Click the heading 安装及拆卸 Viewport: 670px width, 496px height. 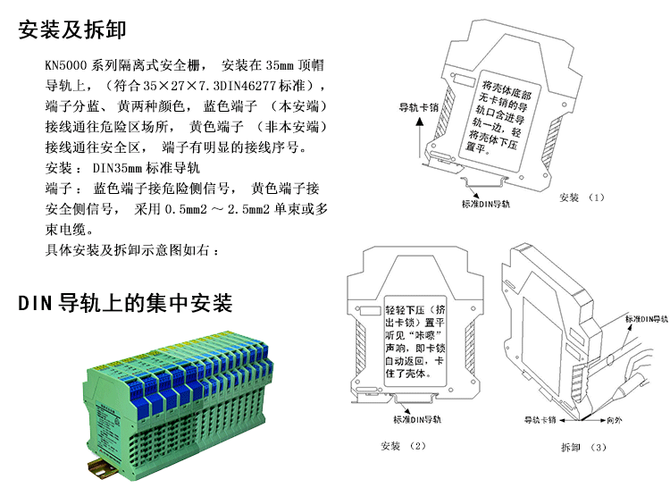[72, 29]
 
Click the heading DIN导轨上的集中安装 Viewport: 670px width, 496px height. [125, 303]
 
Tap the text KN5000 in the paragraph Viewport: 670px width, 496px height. [66, 65]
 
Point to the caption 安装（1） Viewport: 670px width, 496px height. [582, 198]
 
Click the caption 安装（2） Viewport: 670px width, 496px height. [404, 446]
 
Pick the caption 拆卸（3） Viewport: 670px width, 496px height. [583, 447]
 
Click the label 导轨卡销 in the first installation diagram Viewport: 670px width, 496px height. [419, 107]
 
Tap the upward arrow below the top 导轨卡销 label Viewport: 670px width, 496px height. [420, 139]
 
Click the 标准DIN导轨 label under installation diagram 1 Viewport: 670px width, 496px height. [486, 204]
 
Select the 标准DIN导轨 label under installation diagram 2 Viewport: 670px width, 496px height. [417, 419]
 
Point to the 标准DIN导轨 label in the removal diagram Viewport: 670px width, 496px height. [646, 319]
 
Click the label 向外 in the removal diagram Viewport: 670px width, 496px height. [615, 420]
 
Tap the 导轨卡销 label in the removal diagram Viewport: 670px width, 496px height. [540, 420]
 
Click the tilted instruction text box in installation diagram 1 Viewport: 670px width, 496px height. [498, 120]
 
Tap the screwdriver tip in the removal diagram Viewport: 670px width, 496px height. [582, 417]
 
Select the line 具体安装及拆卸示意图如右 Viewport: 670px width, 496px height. [127, 250]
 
